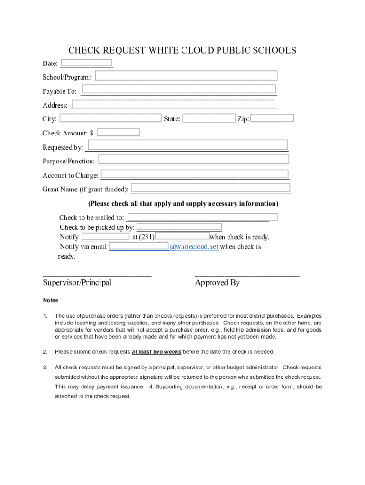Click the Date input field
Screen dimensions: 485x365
click(x=87, y=63)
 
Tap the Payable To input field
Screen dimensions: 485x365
click(x=179, y=90)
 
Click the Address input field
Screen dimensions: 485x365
click(x=173, y=105)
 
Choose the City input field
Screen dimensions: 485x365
click(x=110, y=118)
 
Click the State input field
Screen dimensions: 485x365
click(x=209, y=118)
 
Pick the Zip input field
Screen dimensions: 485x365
click(x=272, y=118)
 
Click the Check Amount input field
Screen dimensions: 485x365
click(x=118, y=133)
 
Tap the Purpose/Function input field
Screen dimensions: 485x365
click(x=193, y=160)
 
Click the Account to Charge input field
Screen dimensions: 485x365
click(x=194, y=174)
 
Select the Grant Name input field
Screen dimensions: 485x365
click(x=210, y=188)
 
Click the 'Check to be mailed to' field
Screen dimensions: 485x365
click(x=202, y=217)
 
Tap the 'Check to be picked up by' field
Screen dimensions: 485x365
click(x=179, y=227)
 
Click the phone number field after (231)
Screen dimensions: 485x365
click(x=182, y=236)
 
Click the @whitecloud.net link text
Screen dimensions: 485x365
click(x=194, y=247)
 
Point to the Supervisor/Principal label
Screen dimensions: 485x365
click(x=77, y=283)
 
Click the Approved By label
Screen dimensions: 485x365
click(x=217, y=283)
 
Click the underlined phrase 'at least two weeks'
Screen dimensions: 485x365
click(x=156, y=352)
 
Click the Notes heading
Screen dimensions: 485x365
click(x=51, y=300)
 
